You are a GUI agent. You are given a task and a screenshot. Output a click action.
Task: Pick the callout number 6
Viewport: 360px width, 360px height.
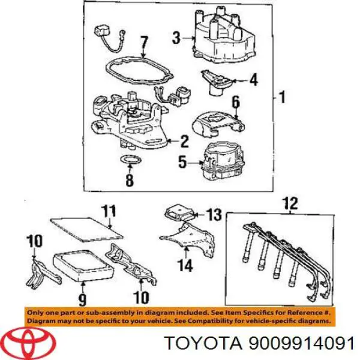(x=235, y=103)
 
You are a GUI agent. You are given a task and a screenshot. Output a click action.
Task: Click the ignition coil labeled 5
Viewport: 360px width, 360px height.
(x=222, y=160)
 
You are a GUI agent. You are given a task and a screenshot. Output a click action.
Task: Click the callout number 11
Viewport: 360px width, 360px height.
(x=108, y=211)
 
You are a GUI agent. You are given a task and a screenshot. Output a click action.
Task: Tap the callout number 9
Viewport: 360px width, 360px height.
(x=82, y=298)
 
